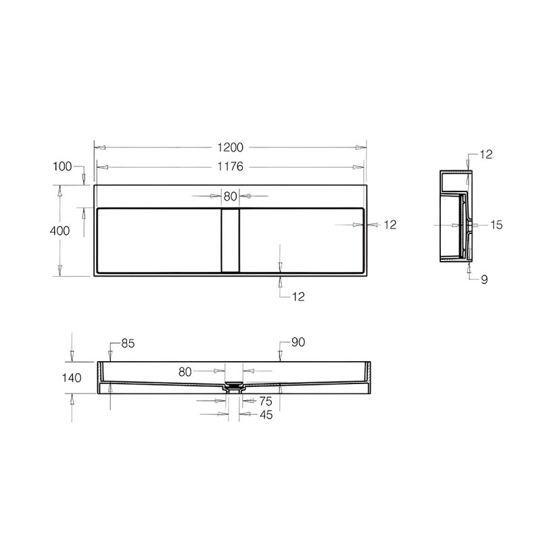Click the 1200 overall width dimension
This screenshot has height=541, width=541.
pyautogui.click(x=230, y=147)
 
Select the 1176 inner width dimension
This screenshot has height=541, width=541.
pyautogui.click(x=230, y=166)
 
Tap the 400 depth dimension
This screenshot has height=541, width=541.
pyautogui.click(x=60, y=231)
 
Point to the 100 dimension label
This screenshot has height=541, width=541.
pyautogui.click(x=62, y=166)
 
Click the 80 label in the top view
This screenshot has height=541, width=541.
pyautogui.click(x=230, y=196)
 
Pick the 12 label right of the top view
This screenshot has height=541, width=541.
pyautogui.click(x=390, y=225)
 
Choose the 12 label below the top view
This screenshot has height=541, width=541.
pyautogui.click(x=298, y=297)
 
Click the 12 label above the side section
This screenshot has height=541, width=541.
pyautogui.click(x=486, y=154)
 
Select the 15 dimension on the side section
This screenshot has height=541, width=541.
pyautogui.click(x=496, y=225)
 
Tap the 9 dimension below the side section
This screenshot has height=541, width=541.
pyautogui.click(x=484, y=279)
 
